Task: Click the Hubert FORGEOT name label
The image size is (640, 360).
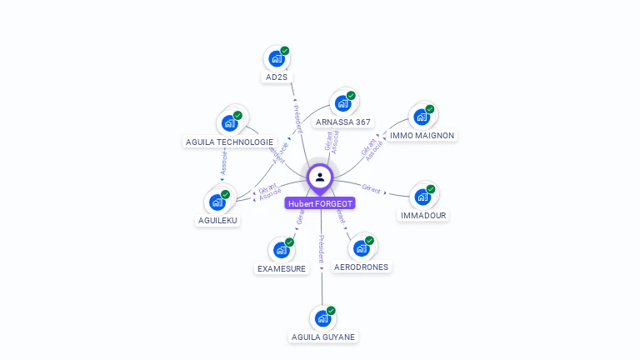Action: point(320,203)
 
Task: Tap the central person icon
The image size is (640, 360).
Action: point(320,177)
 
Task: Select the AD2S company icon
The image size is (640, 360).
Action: point(276,59)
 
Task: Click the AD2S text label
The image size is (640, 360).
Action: point(276,77)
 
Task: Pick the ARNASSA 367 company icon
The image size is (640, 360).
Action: point(342,103)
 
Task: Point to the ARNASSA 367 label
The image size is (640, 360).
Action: point(343,122)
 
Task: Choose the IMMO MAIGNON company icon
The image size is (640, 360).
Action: point(422,117)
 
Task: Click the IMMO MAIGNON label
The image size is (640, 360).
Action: point(422,135)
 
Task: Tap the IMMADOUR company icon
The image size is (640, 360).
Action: point(422,197)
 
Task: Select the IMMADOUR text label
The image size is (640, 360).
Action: point(423,215)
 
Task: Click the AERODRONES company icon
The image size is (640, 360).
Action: point(361,248)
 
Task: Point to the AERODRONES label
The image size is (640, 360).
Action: point(361,267)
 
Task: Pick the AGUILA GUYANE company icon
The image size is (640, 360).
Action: point(322,318)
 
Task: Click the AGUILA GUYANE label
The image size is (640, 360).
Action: point(323,337)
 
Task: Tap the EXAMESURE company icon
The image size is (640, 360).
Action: point(281,250)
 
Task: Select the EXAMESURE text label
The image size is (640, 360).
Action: point(281,268)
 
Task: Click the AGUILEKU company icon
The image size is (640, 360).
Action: point(217,202)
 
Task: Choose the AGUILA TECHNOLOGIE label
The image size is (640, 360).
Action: point(228,142)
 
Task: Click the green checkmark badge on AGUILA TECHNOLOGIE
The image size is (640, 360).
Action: point(237,116)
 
